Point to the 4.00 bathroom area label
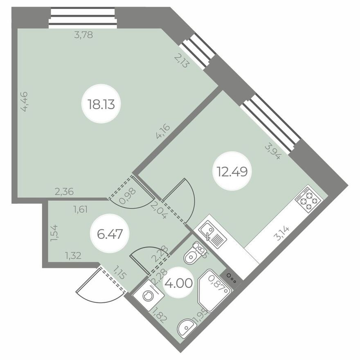[178, 283]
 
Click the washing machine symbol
[148, 296]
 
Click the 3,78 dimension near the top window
[83, 35]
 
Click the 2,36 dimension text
[65, 191]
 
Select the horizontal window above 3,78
[83, 18]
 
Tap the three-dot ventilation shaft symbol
[232, 281]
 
